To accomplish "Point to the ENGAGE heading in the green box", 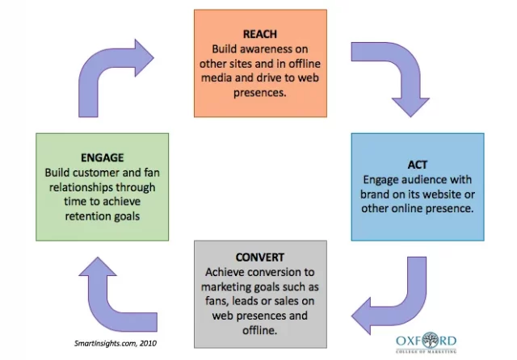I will click(102, 158).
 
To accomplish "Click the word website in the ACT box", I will click(443, 194).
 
